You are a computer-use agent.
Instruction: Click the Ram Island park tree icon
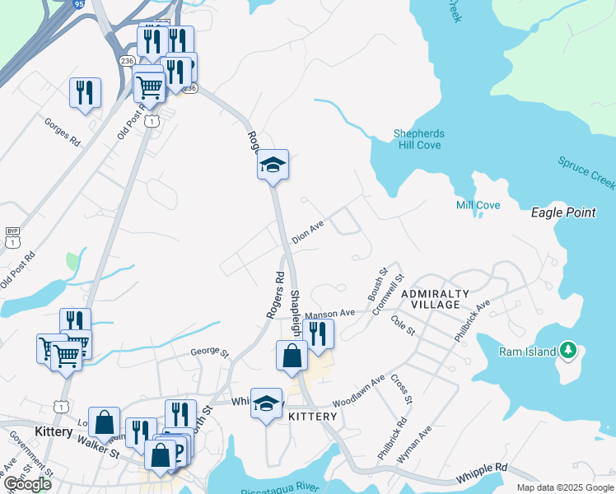click(x=567, y=351)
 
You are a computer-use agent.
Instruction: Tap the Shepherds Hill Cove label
click(x=418, y=139)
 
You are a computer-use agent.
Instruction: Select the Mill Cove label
click(x=478, y=205)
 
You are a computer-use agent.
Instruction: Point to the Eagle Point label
click(x=563, y=212)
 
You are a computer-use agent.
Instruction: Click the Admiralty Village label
click(x=435, y=299)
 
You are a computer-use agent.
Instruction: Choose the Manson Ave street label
click(x=329, y=314)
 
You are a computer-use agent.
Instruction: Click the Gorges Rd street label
click(x=63, y=131)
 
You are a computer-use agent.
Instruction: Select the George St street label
click(x=209, y=352)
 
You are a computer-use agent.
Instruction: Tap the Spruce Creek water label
click(x=586, y=171)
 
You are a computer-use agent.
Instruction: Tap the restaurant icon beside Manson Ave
click(x=318, y=333)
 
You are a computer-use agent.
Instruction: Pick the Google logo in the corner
click(x=27, y=484)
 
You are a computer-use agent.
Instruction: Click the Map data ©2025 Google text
click(x=566, y=487)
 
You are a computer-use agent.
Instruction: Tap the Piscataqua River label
click(x=280, y=489)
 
